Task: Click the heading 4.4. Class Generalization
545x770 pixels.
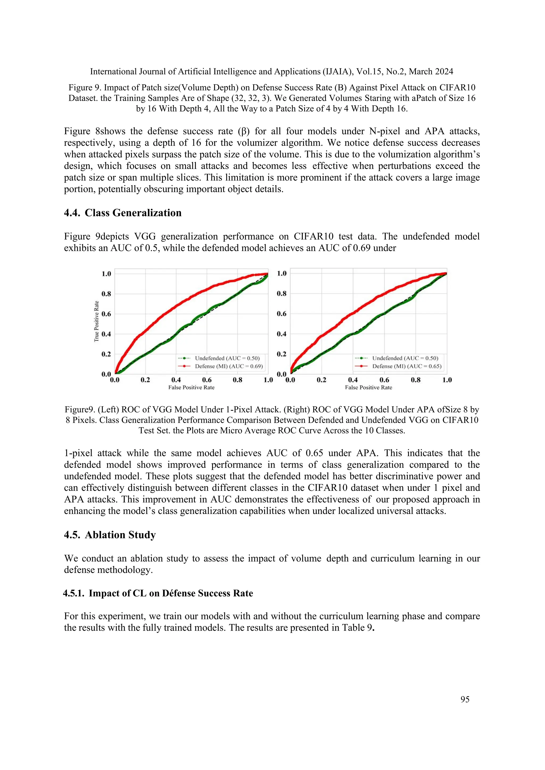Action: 123,213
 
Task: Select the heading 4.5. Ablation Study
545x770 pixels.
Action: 110,535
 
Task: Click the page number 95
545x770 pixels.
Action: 465,699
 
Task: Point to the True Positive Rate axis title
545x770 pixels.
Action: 96,321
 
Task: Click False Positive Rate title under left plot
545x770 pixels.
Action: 191,387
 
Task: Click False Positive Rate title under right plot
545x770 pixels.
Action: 369,387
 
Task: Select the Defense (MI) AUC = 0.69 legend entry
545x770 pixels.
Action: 229,366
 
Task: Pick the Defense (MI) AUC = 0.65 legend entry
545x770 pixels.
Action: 406,366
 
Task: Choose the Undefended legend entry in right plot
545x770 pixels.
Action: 405,358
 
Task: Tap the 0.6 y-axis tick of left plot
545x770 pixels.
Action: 106,314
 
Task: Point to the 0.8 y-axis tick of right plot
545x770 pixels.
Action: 282,294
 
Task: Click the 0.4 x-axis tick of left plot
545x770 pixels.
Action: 176,380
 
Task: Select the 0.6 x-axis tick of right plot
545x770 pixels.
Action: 384,380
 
